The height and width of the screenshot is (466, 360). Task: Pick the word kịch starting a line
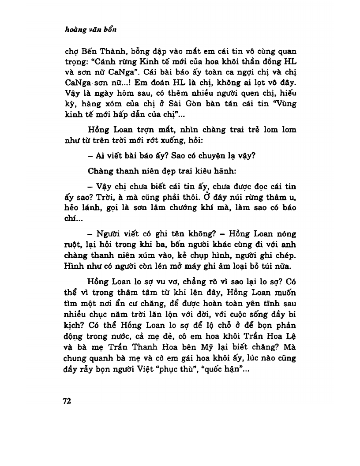click(x=71, y=324)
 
